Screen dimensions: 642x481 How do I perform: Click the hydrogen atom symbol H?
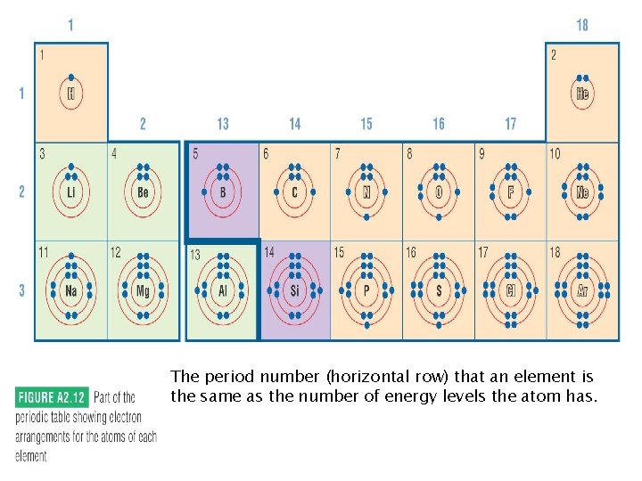[71, 92]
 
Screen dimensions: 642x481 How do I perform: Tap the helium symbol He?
[582, 93]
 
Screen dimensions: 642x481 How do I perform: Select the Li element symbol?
[71, 192]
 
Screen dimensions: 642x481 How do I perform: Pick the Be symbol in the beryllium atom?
[143, 192]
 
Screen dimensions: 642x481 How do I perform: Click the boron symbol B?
[222, 192]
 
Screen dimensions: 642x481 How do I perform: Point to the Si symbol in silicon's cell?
[294, 290]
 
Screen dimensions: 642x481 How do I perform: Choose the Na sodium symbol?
[71, 290]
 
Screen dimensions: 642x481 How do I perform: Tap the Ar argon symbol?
[582, 290]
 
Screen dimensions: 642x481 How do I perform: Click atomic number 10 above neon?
[555, 154]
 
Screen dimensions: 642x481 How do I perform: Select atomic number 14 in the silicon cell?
[269, 253]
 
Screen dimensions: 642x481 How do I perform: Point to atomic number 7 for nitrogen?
[337, 154]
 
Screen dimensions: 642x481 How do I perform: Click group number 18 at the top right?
[582, 26]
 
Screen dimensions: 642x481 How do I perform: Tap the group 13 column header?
[222, 124]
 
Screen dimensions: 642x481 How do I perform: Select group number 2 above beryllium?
[143, 124]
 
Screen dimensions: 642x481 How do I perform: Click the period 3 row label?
[21, 290]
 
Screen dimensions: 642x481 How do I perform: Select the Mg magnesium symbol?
[143, 290]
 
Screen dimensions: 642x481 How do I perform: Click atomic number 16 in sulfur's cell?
[411, 253]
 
